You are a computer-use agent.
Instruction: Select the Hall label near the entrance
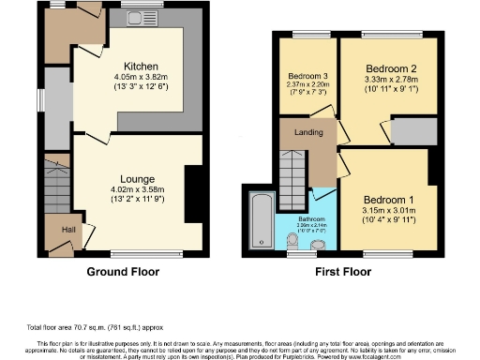[55, 227]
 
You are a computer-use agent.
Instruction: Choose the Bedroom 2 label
[391, 69]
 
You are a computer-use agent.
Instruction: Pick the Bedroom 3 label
[307, 76]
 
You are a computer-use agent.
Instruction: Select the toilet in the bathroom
[292, 245]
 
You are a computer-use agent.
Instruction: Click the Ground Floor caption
[124, 272]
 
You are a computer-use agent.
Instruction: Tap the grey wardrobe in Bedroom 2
[412, 132]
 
